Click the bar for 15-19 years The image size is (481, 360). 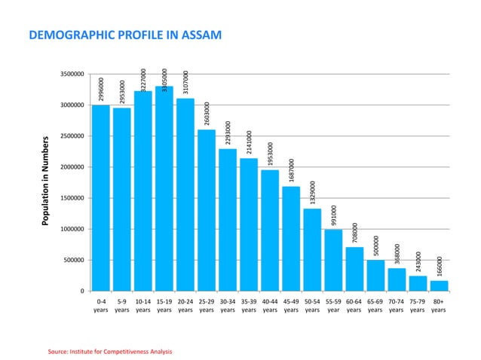(x=164, y=188)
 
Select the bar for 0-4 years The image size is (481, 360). (x=101, y=197)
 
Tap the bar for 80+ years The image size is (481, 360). (x=439, y=285)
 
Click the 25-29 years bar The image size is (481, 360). (x=207, y=210)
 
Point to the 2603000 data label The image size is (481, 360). (x=207, y=114)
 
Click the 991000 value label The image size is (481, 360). (x=333, y=215)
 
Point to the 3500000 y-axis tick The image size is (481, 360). (x=73, y=75)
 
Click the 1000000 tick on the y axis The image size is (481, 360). (x=73, y=229)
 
